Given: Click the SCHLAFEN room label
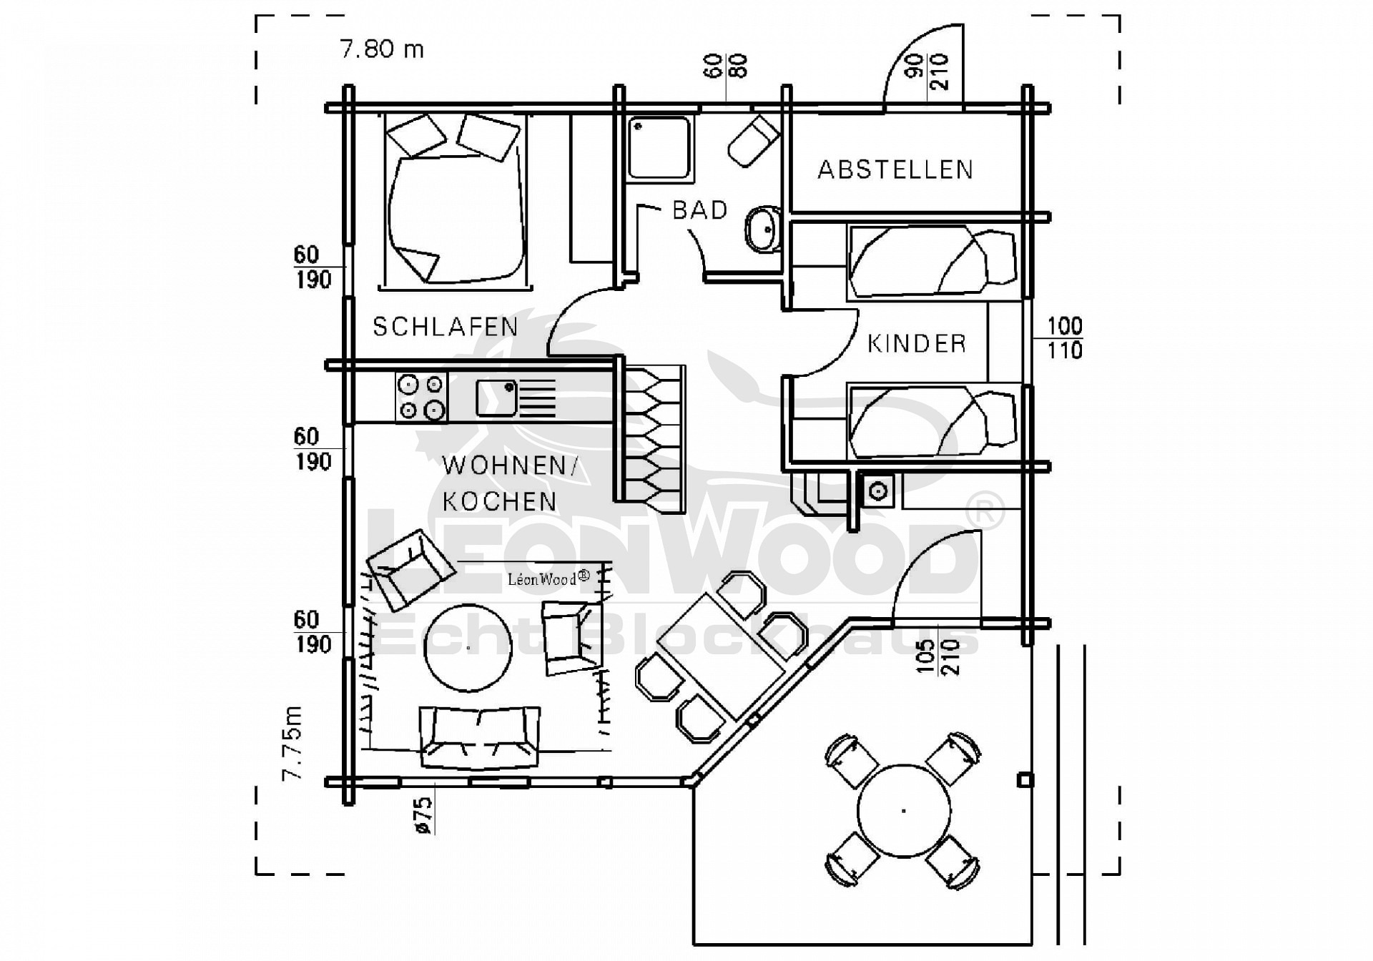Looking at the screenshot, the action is (445, 327).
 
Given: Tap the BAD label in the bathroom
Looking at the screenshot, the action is (700, 210).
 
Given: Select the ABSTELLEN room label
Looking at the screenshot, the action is (895, 169).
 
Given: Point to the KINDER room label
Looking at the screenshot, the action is (917, 344).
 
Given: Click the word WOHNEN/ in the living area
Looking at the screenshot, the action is (510, 466).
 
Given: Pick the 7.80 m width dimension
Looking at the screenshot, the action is (382, 49).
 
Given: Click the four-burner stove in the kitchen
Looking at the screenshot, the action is (421, 397).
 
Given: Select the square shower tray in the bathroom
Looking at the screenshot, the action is (659, 148).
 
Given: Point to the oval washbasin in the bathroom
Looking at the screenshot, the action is (763, 229).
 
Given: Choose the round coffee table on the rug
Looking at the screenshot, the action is (468, 648).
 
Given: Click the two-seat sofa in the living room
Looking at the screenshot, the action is (479, 737).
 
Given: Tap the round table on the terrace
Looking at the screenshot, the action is (904, 810).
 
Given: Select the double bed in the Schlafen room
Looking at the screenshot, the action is (456, 202).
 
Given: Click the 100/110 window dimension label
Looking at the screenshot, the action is (1065, 338).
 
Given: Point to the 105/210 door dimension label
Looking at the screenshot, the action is (938, 656).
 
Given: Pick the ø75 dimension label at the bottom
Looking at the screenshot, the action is (423, 815).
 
